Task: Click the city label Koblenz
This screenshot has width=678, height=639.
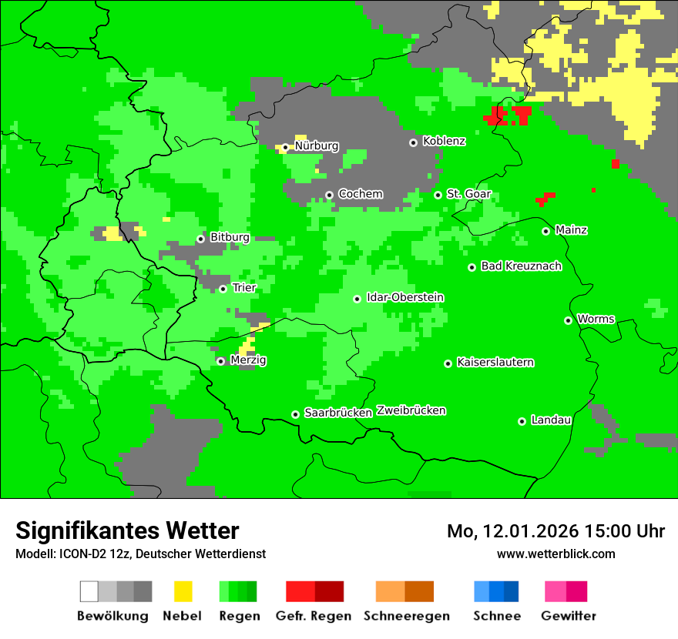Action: point(444,142)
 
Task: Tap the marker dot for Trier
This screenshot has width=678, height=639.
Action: point(223,289)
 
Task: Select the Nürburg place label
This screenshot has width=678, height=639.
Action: point(316,146)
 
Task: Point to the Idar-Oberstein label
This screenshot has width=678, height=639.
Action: point(405,298)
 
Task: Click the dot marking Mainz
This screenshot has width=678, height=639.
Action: point(545,231)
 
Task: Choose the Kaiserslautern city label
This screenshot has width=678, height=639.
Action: point(495,363)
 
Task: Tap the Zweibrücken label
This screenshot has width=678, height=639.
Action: point(411,411)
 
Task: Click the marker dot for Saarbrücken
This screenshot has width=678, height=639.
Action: point(295,414)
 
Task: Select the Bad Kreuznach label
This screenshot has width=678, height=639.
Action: point(521,266)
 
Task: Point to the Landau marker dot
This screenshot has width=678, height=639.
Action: point(522,421)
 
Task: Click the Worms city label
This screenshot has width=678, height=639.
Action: point(596,319)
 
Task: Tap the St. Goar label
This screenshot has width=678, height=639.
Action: point(468,195)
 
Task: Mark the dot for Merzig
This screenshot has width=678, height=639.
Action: point(220,361)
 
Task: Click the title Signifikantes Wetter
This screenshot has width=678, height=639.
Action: point(127,530)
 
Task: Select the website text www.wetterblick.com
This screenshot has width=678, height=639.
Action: point(555,554)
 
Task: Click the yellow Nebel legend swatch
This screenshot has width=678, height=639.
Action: point(183,591)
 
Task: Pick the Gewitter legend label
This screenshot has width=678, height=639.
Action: point(568,616)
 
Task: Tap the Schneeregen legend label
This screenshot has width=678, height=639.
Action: point(407,616)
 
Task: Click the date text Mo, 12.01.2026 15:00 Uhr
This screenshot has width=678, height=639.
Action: point(555,531)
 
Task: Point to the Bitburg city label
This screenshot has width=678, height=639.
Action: point(230,238)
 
